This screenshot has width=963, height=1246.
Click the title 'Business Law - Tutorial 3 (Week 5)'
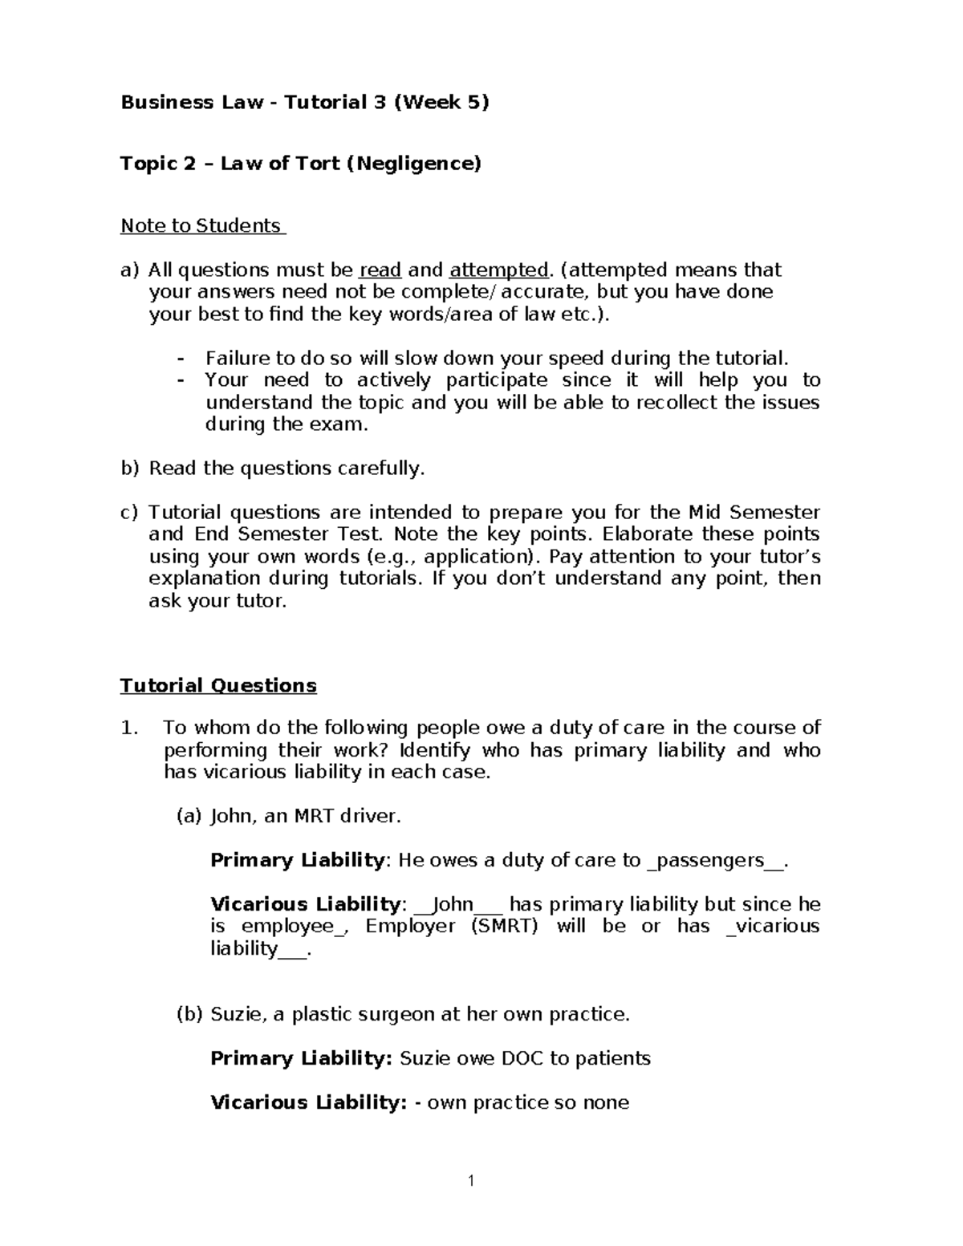(x=304, y=103)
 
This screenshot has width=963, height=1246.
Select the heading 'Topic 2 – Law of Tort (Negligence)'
(x=300, y=164)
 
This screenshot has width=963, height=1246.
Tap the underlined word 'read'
(x=380, y=270)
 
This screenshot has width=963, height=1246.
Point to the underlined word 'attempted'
(x=499, y=270)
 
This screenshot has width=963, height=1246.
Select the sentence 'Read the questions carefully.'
(x=286, y=469)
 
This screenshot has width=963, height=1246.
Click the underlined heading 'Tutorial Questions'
(x=218, y=686)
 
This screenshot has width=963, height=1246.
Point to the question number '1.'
(x=128, y=729)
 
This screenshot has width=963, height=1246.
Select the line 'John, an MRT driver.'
(x=305, y=817)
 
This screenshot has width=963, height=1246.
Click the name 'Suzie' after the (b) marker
(x=236, y=1015)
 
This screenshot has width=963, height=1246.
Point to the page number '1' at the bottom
(x=472, y=1180)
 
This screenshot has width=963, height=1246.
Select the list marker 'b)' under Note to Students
(x=129, y=469)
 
